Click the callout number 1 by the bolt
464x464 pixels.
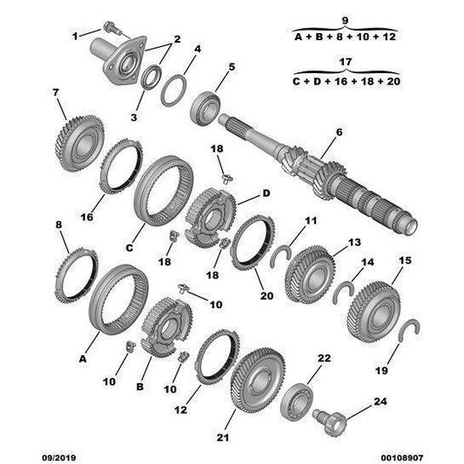point(75,34)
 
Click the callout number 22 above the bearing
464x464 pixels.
point(324,359)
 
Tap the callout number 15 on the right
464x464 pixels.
point(405,260)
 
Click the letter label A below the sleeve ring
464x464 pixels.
point(84,358)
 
